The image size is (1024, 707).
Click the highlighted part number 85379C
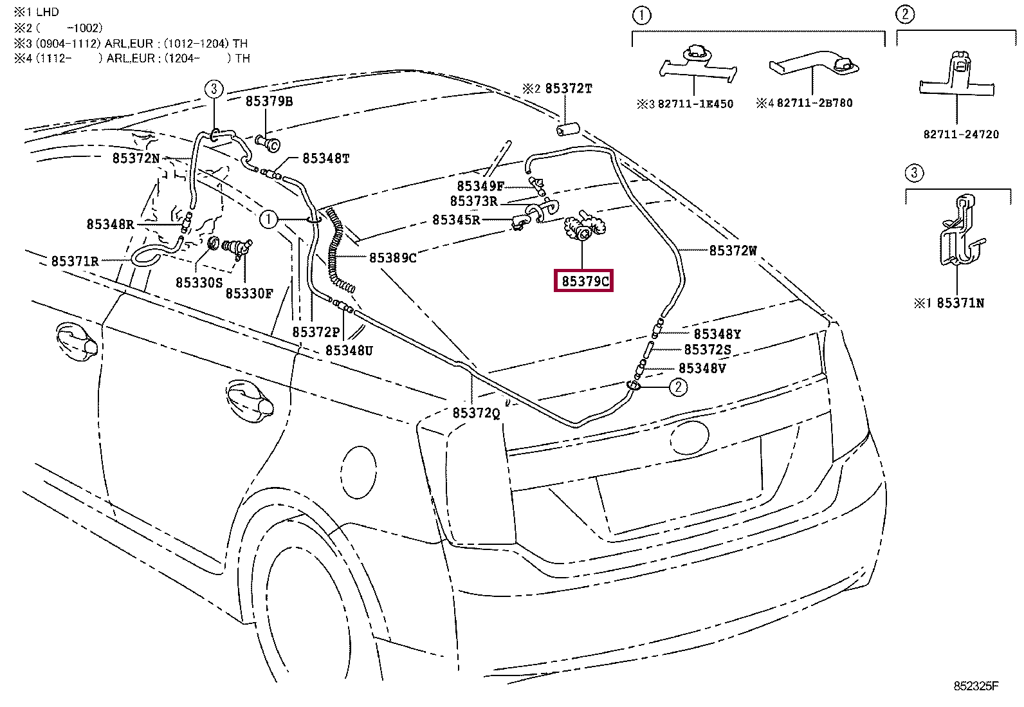[583, 282]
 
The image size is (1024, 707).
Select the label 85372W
[733, 251]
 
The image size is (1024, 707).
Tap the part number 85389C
[392, 258]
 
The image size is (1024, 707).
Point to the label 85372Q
[476, 413]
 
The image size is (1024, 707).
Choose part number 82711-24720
[961, 134]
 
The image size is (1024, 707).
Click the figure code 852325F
[975, 686]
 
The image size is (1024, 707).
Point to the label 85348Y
[717, 334]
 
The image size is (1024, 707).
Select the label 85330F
[249, 293]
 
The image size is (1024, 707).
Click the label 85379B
[269, 101]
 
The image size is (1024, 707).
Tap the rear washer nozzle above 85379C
[582, 230]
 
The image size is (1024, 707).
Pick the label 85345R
[456, 220]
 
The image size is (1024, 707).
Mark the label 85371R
[75, 261]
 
